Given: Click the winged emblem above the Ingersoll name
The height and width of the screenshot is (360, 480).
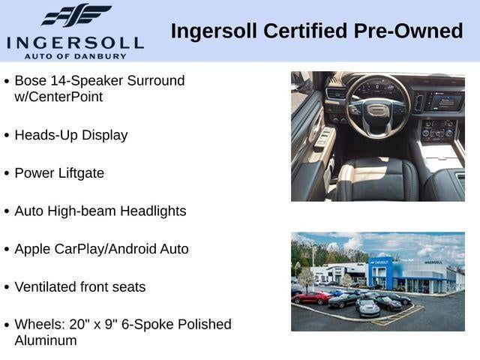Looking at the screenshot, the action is pos(76,15).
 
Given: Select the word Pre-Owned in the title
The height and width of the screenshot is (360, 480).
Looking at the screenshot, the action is pos(408,31).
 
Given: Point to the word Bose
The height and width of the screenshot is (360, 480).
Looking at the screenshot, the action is pos(30,81).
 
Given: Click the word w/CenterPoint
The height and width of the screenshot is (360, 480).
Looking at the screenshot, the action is pos(58,97).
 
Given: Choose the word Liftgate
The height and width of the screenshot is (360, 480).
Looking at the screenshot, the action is pos(82,173).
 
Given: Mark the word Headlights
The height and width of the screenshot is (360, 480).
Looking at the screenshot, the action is pos(153,211).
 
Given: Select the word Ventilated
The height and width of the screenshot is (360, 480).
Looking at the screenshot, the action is pos(45,286).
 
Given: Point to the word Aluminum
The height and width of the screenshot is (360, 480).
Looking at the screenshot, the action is pos(46,340).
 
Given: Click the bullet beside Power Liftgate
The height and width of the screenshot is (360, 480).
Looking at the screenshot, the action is pos(7,173).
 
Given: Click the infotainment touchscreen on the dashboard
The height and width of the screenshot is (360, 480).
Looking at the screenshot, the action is pos(444,103).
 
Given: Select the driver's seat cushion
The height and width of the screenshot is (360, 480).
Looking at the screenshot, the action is pos(378,181).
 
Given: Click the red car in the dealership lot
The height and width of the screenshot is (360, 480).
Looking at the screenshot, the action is pos(312,298).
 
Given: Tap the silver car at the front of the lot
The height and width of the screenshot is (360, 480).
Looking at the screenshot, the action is pos(368,307).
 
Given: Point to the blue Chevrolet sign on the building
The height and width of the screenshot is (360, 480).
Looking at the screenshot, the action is pos(380,262).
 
